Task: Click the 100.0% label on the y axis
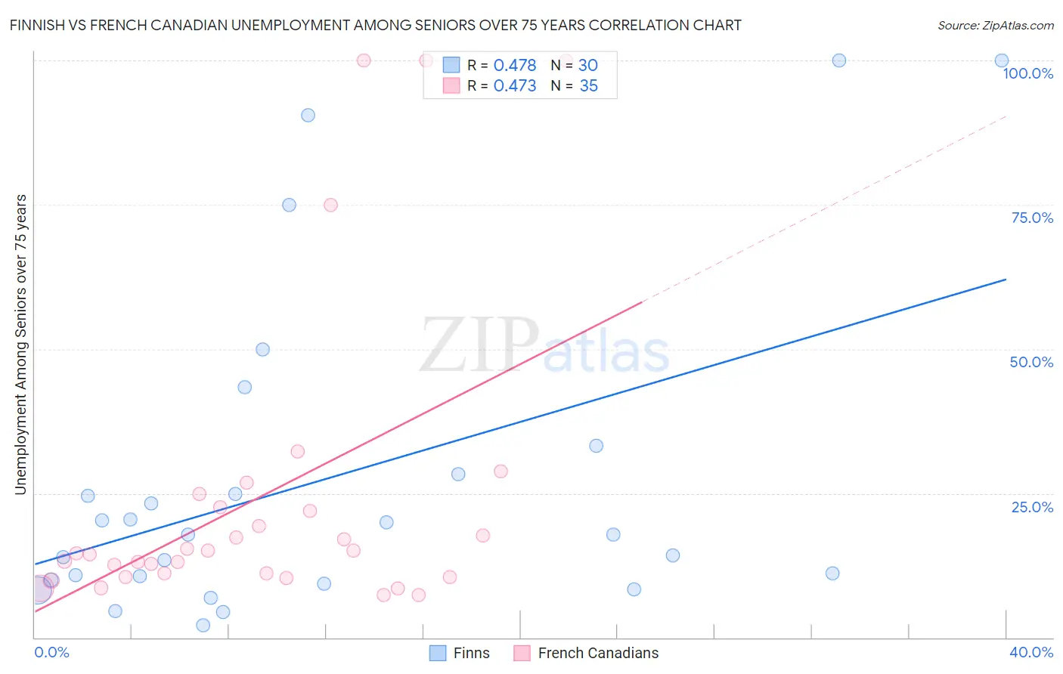[1027, 73]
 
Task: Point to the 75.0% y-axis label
[1032, 218]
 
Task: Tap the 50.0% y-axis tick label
[1031, 362]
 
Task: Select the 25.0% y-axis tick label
[1032, 506]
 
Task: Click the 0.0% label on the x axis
[51, 652]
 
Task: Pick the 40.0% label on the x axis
[1030, 652]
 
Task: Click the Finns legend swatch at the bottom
[438, 653]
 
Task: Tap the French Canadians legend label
[598, 653]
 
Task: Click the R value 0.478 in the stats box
[514, 65]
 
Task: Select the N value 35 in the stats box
[588, 85]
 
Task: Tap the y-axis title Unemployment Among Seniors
[20, 345]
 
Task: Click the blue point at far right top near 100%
[1001, 60]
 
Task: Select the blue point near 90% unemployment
[308, 116]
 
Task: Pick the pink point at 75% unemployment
[330, 205]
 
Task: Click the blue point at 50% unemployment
[262, 349]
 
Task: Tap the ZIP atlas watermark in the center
[544, 346]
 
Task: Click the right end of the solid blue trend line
[1006, 280]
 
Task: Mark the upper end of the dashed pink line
[1006, 116]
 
